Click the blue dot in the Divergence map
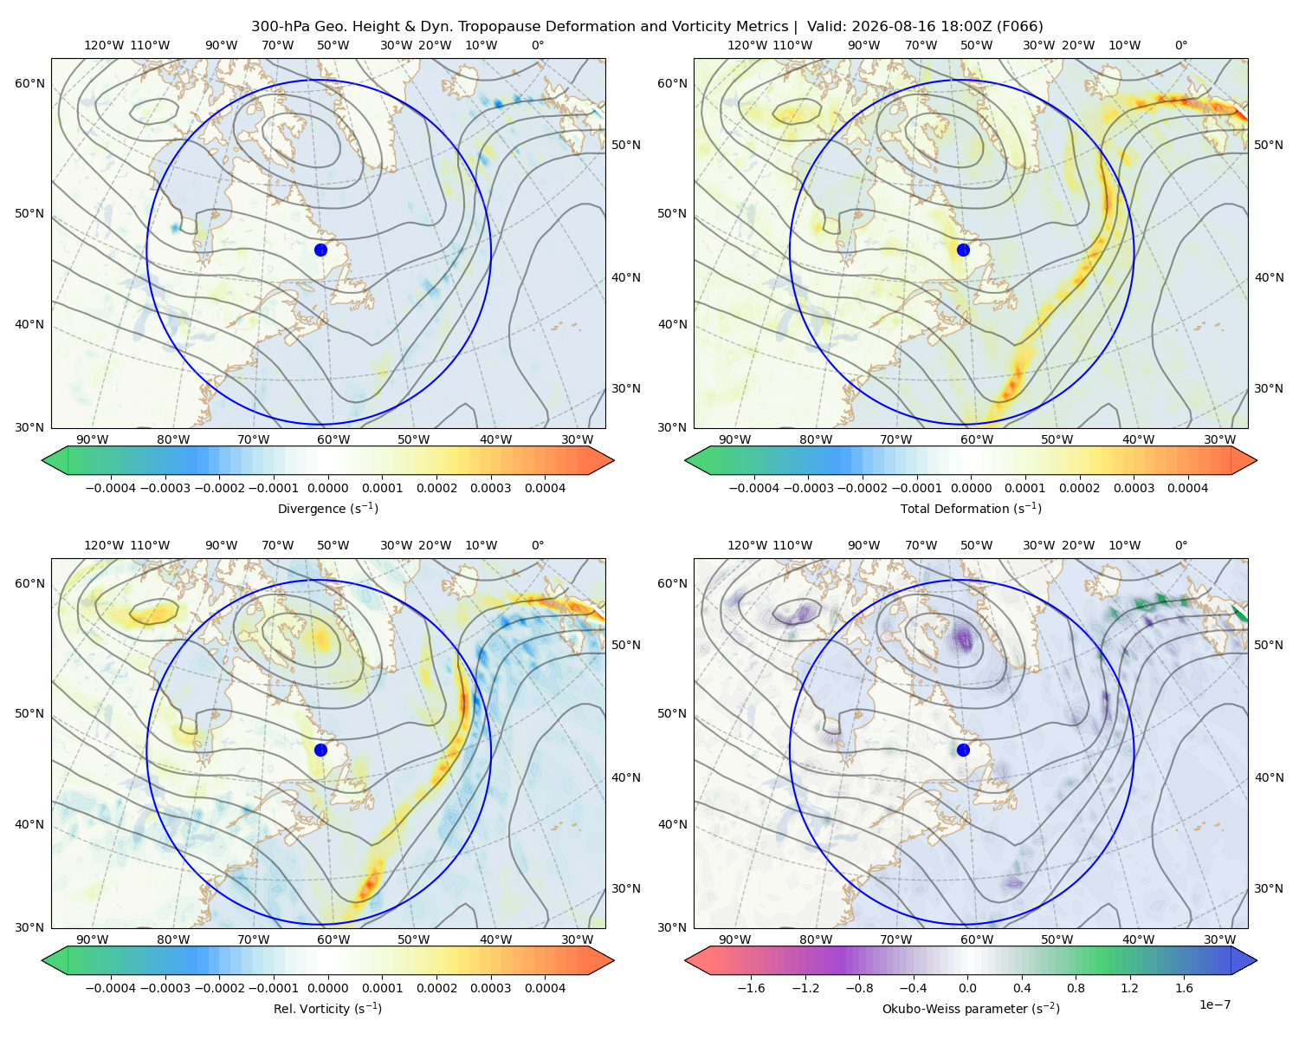coord(320,250)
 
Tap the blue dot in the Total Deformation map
coord(963,250)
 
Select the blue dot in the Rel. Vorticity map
coord(320,750)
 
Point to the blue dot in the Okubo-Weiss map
coord(963,750)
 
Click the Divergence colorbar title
coord(327,509)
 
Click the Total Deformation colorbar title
coord(971,509)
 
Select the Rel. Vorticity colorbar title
coord(327,1009)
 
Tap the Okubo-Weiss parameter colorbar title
coord(971,1009)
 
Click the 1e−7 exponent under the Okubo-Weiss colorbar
coord(1214,1004)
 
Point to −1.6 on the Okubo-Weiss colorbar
coord(751,988)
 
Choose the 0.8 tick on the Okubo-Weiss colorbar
coord(1076,988)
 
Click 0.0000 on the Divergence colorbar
coord(327,488)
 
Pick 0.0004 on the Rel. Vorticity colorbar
coord(545,988)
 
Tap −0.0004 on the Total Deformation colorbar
coord(754,488)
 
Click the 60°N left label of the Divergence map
coord(29,83)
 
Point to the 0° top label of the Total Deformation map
coord(1180,45)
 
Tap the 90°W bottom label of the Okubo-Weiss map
coord(734,939)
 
